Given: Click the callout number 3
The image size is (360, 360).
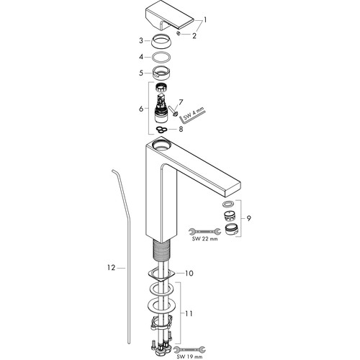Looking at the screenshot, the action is (141, 40).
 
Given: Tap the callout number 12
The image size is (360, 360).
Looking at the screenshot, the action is (112, 268).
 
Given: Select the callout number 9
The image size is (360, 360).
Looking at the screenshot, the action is (249, 218).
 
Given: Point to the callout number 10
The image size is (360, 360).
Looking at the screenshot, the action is (189, 273).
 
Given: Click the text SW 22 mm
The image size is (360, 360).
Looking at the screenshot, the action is (205, 239).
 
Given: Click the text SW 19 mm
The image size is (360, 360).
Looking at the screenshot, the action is (189, 357).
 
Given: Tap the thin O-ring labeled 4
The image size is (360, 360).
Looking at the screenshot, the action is (161, 57).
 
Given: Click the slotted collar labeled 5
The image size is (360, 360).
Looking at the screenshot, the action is (161, 72).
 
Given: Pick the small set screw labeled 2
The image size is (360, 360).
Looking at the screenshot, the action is (179, 33).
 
